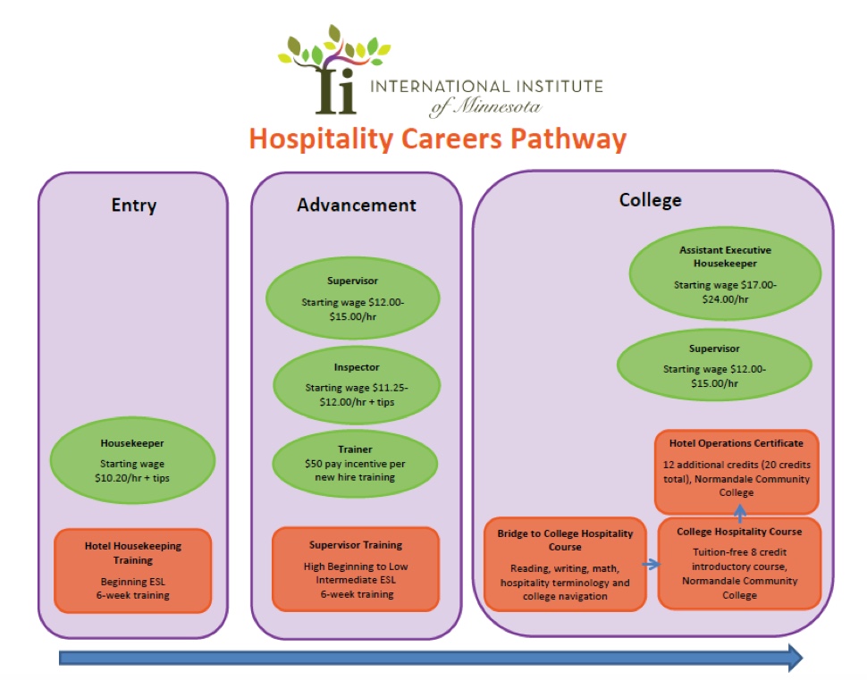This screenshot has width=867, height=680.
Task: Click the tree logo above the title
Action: tap(332, 70)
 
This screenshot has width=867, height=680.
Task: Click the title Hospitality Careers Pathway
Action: tap(437, 139)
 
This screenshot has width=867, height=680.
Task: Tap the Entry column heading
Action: tap(134, 206)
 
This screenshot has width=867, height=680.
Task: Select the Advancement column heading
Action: tap(357, 206)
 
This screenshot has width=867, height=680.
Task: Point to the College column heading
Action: tap(650, 200)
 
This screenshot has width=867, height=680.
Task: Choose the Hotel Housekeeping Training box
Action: tap(132, 571)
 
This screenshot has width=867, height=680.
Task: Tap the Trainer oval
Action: tap(356, 464)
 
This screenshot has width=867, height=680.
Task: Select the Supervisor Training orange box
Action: tap(356, 569)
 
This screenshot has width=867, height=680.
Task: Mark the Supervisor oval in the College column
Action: tap(714, 365)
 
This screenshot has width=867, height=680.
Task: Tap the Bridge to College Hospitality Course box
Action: tap(565, 564)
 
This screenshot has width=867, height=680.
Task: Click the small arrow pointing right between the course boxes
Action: tap(652, 565)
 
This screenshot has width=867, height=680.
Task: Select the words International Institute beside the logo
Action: tap(485, 87)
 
